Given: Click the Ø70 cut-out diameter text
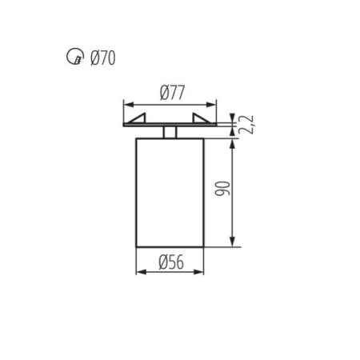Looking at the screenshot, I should [x=102, y=58].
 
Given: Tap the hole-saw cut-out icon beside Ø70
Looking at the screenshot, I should [x=74, y=58].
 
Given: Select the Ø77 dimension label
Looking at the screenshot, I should [x=170, y=92].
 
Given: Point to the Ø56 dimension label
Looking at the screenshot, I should [x=170, y=262].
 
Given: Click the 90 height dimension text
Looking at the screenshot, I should [x=224, y=189].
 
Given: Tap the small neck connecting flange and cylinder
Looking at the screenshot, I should [x=170, y=132].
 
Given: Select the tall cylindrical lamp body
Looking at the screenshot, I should [x=170, y=192].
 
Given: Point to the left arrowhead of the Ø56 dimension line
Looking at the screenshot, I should [x=140, y=272].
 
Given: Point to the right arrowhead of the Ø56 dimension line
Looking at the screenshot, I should [x=200, y=272].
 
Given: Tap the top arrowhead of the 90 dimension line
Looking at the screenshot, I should [x=232, y=142].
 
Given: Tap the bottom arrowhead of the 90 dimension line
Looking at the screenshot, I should [x=232, y=242].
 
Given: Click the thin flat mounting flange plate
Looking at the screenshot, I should [x=170, y=126].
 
